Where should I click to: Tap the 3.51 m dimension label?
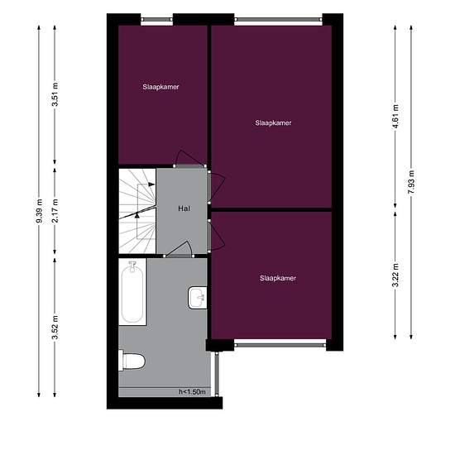pyautogui.click(x=55, y=97)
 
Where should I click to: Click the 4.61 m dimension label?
pyautogui.click(x=395, y=112)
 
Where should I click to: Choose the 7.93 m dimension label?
pyautogui.click(x=411, y=180)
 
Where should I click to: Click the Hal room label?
pyautogui.click(x=184, y=209)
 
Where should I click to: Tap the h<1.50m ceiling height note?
pyautogui.click(x=191, y=392)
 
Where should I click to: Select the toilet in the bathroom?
pyautogui.click(x=132, y=360)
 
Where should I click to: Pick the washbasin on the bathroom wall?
pyautogui.click(x=199, y=296)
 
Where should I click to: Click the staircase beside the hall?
pyautogui.click(x=136, y=211)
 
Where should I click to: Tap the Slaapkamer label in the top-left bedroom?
pyautogui.click(x=160, y=87)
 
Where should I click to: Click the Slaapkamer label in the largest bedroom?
pyautogui.click(x=273, y=122)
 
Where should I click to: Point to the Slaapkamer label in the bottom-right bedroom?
pyautogui.click(x=277, y=278)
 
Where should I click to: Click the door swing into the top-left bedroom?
pyautogui.click(x=189, y=159)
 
